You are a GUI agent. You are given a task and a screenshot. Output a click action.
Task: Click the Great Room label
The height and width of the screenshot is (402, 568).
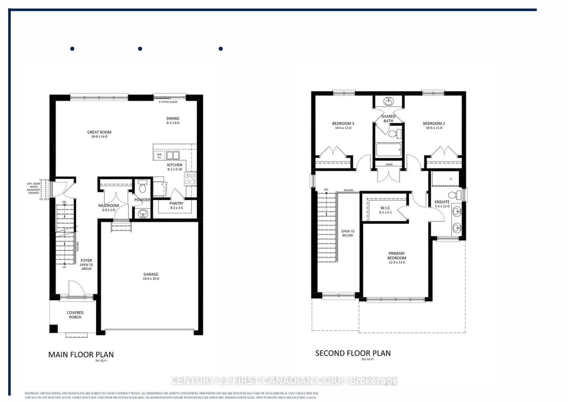coord(99,132)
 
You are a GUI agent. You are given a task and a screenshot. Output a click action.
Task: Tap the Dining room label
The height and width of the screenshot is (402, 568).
coord(173,119)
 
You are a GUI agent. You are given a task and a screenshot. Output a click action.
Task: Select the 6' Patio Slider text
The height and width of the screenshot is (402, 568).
coord(168,102)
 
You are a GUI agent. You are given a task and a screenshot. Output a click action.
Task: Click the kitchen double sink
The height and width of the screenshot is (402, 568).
coord(173,155)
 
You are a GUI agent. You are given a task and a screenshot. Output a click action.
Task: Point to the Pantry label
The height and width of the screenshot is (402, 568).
coord(176,203)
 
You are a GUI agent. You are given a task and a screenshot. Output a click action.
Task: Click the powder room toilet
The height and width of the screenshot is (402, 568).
coord(142,187)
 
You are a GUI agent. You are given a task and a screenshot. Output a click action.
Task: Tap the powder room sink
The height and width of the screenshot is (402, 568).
coord(142,213)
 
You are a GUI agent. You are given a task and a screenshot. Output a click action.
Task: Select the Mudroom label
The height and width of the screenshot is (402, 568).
coord(108,206)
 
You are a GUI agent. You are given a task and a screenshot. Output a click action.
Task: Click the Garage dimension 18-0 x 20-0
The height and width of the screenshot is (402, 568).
coord(151,279)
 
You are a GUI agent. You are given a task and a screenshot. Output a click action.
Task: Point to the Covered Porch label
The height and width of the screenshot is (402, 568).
coord(75,315)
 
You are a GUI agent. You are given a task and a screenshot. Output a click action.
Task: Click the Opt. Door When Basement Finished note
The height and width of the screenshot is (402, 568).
coord(34,188)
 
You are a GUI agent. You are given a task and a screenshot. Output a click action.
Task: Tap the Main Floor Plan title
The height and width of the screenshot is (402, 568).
coord(81,355)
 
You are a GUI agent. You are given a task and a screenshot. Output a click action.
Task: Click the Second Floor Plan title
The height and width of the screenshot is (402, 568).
coord(353,353)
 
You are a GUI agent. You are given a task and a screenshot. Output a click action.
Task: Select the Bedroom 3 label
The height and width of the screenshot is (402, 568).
coord(343,123)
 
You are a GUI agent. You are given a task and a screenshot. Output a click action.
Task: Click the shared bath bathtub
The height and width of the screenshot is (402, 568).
coord(388,150)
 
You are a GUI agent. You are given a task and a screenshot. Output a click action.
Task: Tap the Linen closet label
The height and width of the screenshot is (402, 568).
coord(389,165)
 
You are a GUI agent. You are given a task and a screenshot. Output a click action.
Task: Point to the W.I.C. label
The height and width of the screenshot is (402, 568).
coord(385,208)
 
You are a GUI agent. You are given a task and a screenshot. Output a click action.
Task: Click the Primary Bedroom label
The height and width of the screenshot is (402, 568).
coord(397,256)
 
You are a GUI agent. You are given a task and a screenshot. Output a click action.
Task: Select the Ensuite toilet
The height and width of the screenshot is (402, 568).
coord(454,195)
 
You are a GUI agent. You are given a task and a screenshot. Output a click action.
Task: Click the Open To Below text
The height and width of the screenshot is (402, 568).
coord(348,233)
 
